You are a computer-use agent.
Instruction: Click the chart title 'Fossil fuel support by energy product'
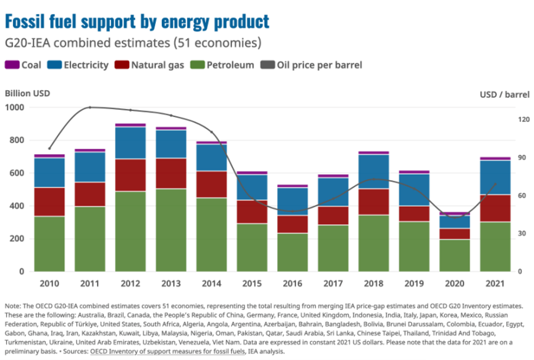(137, 21)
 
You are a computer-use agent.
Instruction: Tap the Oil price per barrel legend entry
(313, 65)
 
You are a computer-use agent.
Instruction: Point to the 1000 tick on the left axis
(15, 108)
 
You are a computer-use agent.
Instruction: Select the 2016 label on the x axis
(293, 284)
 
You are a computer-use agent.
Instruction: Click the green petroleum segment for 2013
(171, 230)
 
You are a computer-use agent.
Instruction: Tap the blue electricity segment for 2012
(130, 143)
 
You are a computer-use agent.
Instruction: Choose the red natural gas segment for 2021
(495, 208)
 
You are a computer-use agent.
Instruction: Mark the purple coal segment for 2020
(454, 213)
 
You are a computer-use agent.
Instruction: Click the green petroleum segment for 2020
(454, 255)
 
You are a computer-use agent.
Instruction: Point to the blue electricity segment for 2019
(414, 190)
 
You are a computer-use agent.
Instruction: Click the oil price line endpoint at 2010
(50, 148)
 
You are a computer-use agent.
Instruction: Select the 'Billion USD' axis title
(27, 93)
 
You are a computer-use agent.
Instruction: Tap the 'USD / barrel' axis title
(504, 94)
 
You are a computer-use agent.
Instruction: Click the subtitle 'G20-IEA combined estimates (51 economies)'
(133, 43)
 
